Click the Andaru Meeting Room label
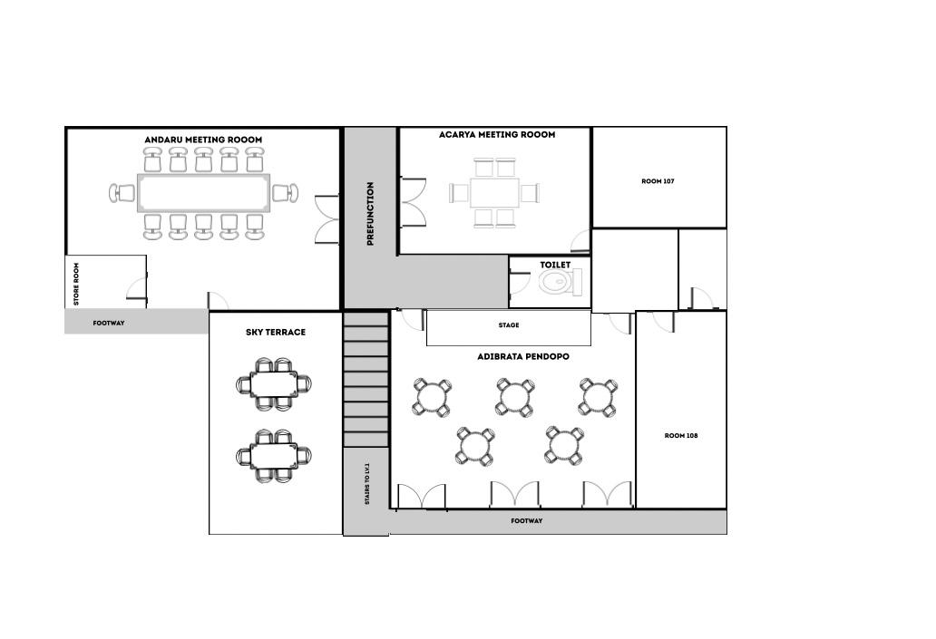click(203, 140)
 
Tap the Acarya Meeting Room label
click(497, 135)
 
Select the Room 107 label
click(658, 181)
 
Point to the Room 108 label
click(681, 436)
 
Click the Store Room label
click(76, 284)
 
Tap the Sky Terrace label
click(276, 333)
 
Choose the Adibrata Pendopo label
click(523, 357)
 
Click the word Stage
click(509, 325)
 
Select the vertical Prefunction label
click(370, 214)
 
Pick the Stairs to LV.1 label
click(367, 483)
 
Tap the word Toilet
click(555, 265)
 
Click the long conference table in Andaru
click(203, 193)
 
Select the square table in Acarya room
click(494, 193)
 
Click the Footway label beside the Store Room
click(109, 324)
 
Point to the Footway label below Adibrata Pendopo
click(527, 521)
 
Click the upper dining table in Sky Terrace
click(273, 384)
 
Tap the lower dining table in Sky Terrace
click(273, 456)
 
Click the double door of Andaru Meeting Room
click(327, 219)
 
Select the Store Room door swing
click(136, 288)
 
